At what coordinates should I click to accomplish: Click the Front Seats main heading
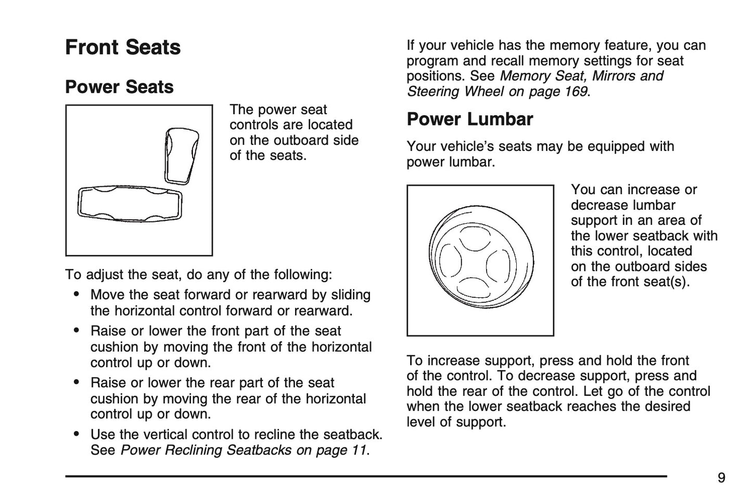(x=123, y=47)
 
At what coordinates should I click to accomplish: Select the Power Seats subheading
(x=119, y=87)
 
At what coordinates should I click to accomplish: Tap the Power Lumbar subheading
(x=469, y=119)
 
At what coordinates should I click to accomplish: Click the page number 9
(x=721, y=478)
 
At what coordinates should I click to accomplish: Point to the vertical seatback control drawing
(x=182, y=155)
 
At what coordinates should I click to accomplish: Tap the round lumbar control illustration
(x=480, y=259)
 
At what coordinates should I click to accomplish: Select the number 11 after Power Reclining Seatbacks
(x=359, y=450)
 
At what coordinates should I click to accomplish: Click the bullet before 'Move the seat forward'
(x=77, y=295)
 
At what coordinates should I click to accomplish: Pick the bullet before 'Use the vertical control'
(x=77, y=434)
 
